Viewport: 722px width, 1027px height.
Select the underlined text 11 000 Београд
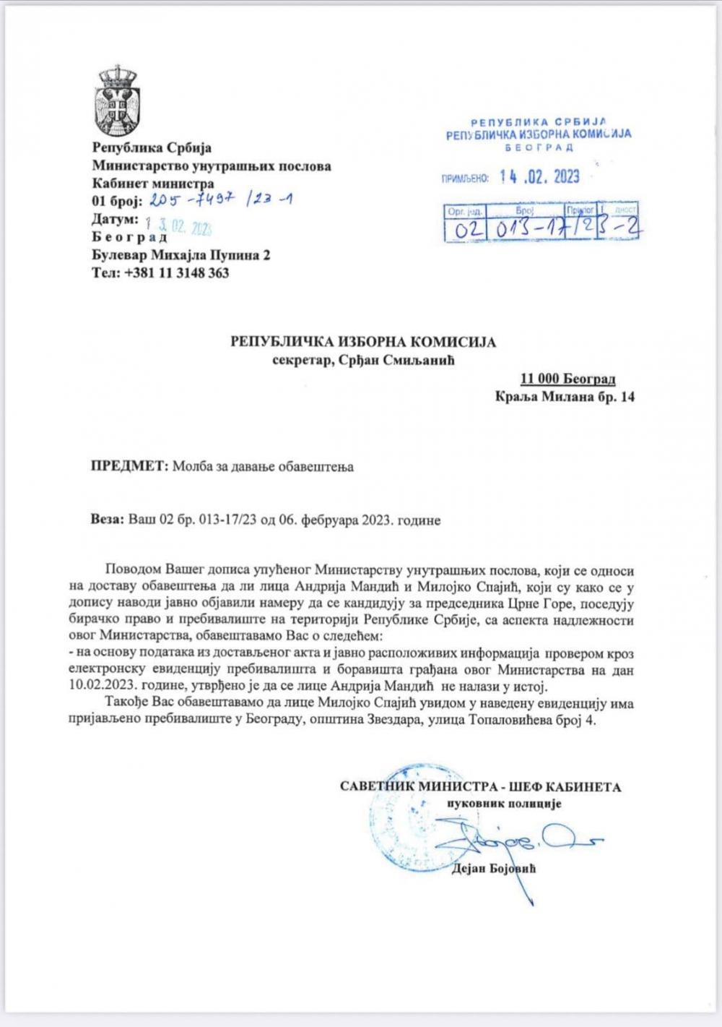(x=567, y=379)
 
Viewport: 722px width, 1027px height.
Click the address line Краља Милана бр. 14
(x=565, y=397)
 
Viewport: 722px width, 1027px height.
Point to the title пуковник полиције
(x=503, y=804)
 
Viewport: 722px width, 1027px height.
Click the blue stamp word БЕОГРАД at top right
(x=541, y=147)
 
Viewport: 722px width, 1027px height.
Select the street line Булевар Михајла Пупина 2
(x=181, y=255)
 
